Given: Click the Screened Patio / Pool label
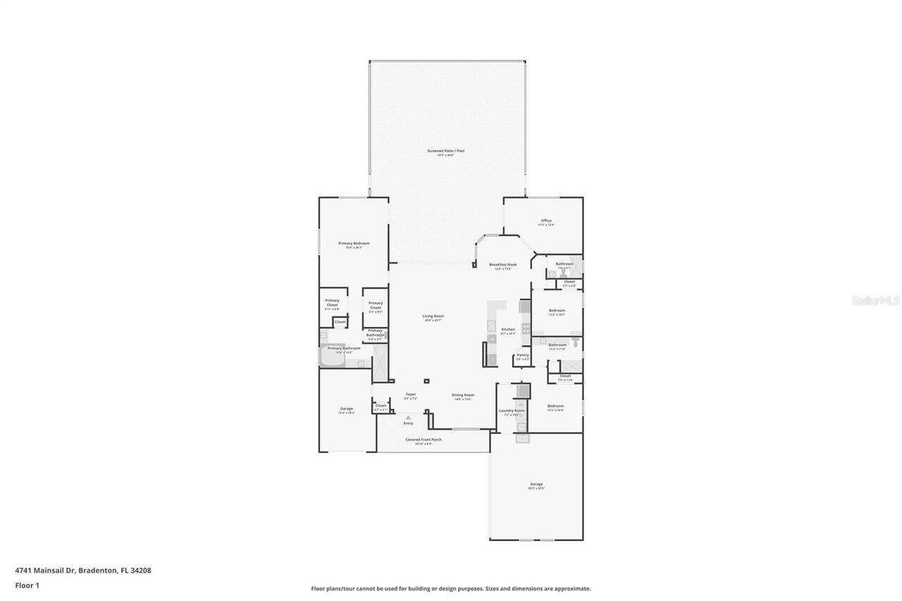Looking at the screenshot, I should click(445, 151).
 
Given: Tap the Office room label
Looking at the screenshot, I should click(546, 221).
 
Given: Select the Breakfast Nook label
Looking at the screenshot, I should click(503, 265).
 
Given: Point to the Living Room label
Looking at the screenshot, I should click(433, 317).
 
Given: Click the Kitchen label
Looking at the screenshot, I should click(508, 330).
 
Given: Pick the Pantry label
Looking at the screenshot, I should click(522, 356).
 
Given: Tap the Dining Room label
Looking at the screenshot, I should click(463, 396).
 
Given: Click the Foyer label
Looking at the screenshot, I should click(410, 395).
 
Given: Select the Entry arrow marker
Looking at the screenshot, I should click(408, 418).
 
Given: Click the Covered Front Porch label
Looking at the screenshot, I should click(423, 441).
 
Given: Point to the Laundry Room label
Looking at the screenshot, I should click(512, 411).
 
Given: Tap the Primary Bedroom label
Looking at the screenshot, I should click(354, 244).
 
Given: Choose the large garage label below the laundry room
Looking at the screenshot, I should click(536, 485).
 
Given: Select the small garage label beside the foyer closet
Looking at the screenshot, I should click(346, 409).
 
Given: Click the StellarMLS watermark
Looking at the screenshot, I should click(875, 301).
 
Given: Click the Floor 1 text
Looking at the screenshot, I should click(27, 585).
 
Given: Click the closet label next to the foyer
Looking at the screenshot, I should click(381, 406).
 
